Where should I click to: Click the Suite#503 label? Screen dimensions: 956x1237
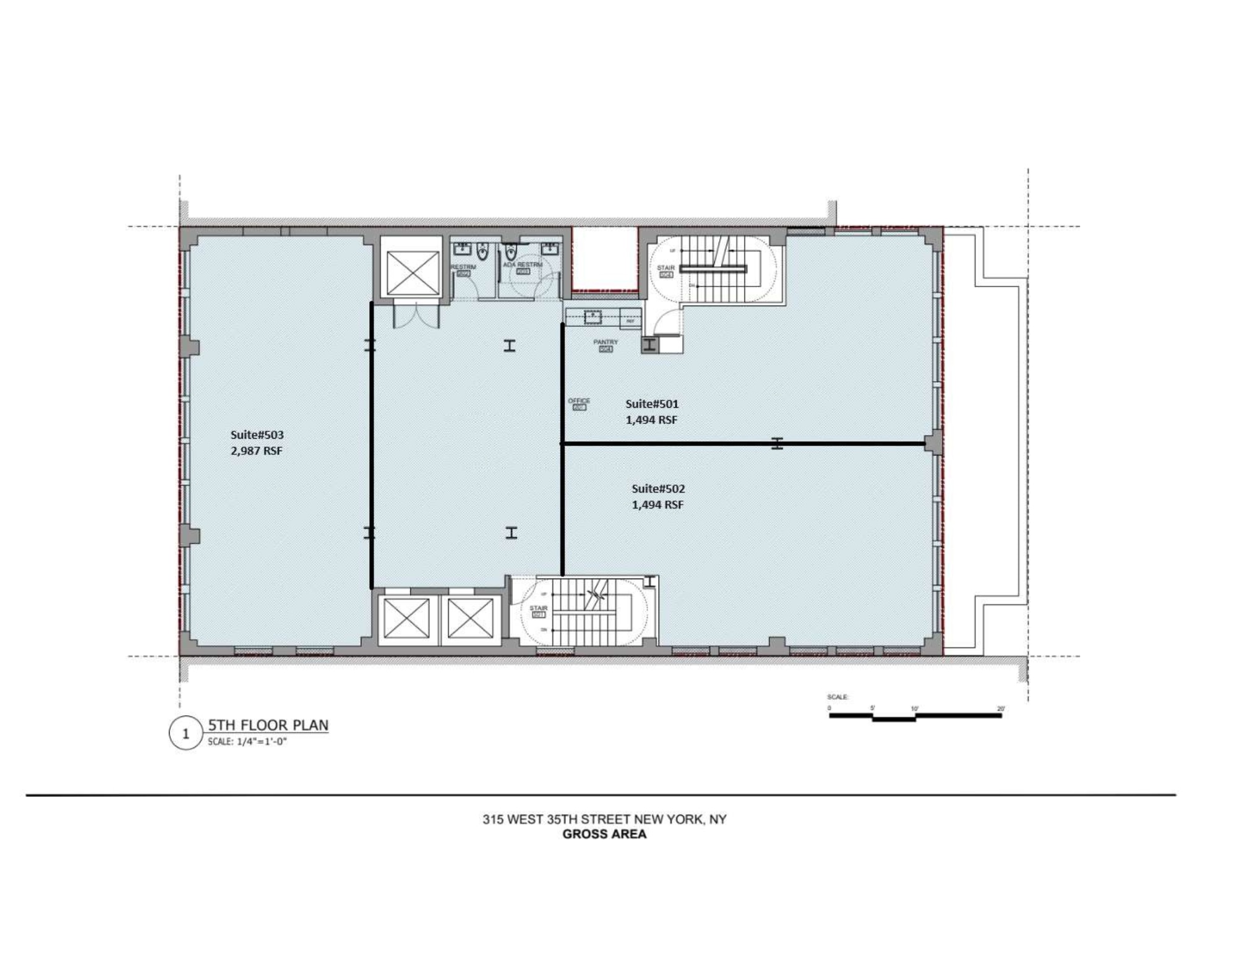(x=257, y=435)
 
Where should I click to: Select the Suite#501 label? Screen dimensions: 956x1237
(x=651, y=404)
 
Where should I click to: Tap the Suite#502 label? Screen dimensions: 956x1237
(x=657, y=489)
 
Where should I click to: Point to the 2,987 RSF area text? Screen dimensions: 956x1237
(x=257, y=451)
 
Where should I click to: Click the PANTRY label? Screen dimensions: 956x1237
(x=606, y=342)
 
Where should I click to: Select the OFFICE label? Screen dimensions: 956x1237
(x=579, y=401)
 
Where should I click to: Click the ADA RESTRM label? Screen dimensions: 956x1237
(x=522, y=265)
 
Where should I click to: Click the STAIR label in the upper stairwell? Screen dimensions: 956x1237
(x=666, y=268)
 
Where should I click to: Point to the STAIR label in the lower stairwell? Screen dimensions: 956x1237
(x=538, y=609)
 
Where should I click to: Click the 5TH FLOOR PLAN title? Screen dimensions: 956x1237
(x=268, y=725)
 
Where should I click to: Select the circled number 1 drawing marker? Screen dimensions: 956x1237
(x=186, y=734)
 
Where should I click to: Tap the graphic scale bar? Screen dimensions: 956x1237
(x=915, y=717)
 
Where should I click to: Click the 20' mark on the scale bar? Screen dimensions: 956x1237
(x=1000, y=708)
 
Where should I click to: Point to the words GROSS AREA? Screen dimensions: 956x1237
(x=604, y=834)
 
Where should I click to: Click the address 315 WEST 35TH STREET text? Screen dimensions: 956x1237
(x=604, y=819)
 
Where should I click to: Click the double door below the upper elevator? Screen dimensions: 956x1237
(x=416, y=314)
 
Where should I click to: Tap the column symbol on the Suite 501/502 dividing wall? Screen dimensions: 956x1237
(x=777, y=443)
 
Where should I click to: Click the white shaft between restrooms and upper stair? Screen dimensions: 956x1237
(x=604, y=258)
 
